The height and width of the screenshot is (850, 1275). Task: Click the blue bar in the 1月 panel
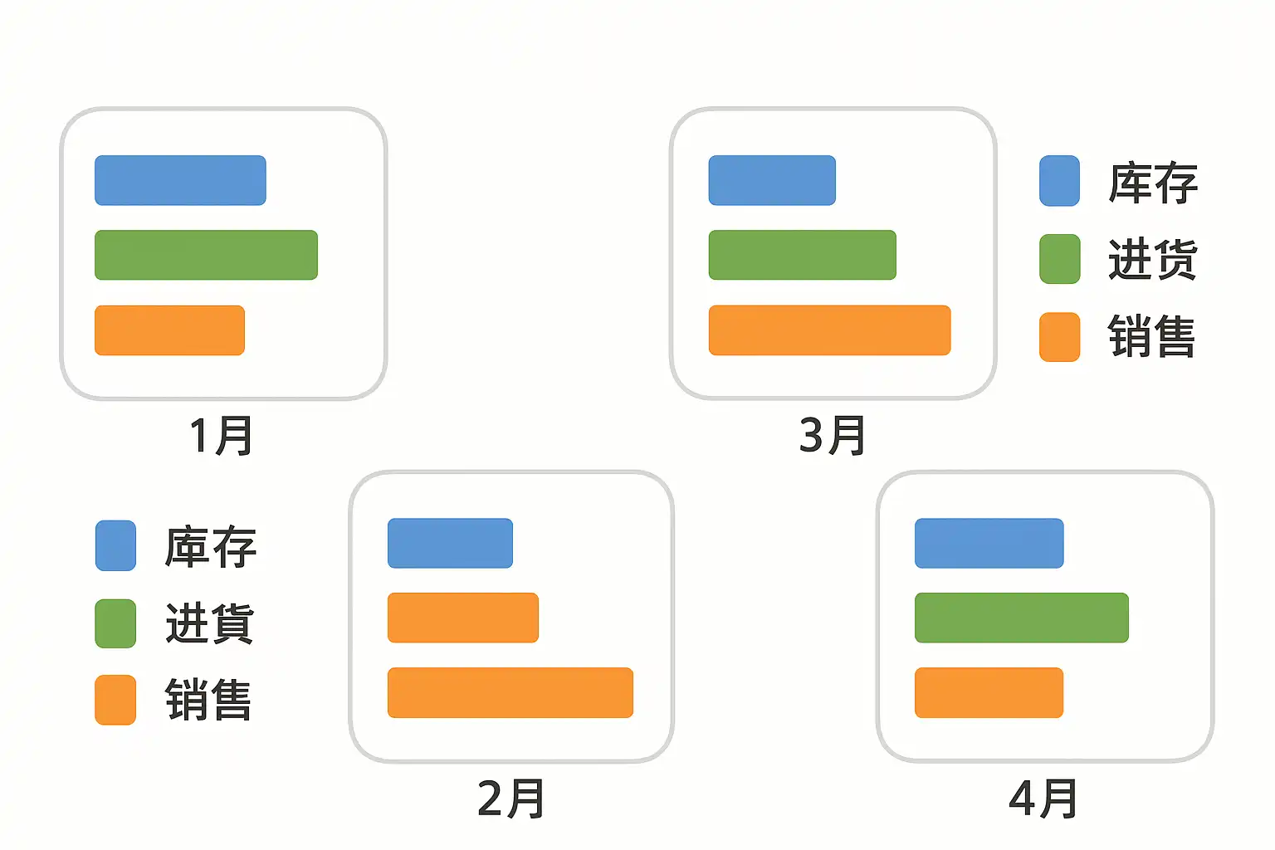point(180,180)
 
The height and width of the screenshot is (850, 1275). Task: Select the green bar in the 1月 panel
point(206,255)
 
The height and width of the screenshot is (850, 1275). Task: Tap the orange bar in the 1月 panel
point(169,330)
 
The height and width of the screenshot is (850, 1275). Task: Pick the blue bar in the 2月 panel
point(450,543)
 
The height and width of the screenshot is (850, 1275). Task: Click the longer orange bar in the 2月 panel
point(510,692)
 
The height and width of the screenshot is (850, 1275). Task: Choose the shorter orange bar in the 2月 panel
point(462,618)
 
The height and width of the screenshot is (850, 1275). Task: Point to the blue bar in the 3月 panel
point(772,180)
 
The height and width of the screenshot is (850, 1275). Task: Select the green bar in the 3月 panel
point(802,255)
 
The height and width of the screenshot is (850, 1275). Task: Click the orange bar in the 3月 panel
point(829,330)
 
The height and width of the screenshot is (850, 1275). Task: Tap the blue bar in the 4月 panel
point(989,543)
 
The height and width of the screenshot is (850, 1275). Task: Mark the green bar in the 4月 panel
point(1021,618)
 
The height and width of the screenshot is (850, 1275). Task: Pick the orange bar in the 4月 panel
point(989,692)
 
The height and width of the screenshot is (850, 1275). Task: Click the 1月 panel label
point(221,436)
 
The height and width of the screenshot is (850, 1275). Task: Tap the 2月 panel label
point(510,799)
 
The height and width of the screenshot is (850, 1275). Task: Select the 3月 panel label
point(832,436)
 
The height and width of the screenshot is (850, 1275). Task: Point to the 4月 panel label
point(1043,799)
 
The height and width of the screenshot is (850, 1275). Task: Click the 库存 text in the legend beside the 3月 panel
point(1153,183)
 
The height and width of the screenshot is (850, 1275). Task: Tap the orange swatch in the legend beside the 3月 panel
point(1059,337)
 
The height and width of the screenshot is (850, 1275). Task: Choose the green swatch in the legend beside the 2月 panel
point(115,623)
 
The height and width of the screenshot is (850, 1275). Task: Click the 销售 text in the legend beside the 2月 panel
point(208,700)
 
